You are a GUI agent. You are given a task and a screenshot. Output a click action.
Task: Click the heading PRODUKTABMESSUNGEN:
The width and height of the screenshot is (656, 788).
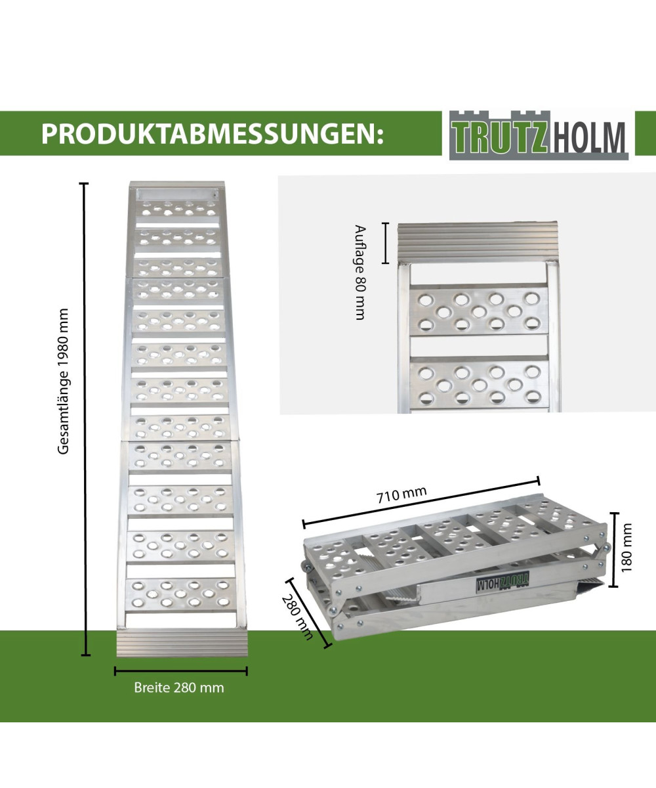tap(211, 133)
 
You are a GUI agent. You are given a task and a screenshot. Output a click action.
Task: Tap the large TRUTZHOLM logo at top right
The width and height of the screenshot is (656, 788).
tap(539, 135)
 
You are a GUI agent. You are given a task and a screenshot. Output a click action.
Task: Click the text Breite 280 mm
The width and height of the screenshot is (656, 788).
tap(179, 688)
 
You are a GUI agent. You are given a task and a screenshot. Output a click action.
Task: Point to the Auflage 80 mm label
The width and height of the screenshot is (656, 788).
tap(359, 273)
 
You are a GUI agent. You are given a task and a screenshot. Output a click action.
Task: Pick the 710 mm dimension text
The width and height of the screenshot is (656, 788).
tap(402, 494)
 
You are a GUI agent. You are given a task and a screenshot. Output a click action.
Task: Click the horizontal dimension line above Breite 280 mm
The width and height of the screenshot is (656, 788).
tap(181, 671)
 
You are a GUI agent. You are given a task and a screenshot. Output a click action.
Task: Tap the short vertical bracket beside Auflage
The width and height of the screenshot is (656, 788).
tap(386, 243)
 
